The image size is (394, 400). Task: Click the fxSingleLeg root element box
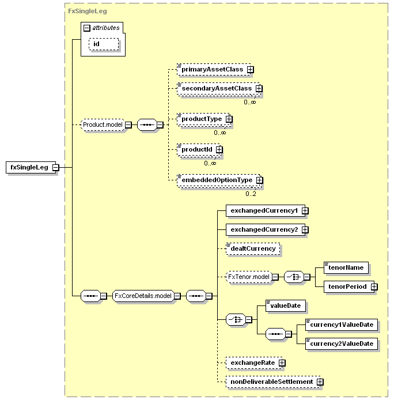coord(31,167)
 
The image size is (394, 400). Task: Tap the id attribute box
coord(104,44)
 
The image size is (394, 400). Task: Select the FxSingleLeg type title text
coord(87,11)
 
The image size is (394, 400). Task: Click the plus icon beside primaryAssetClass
coord(251,69)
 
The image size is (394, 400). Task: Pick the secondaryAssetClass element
coord(218,89)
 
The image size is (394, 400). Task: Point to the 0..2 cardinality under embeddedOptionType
coord(251,194)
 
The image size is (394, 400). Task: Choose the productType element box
coord(203,119)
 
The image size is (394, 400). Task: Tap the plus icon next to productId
coord(219,149)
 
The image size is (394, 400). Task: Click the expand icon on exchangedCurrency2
coord(305,230)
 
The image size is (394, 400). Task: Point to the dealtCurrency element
coord(253,249)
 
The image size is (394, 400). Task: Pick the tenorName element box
coord(346,267)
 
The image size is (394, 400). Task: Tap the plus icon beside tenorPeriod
coord(374,286)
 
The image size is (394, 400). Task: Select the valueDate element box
coord(285,305)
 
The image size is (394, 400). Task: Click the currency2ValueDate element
coord(342,344)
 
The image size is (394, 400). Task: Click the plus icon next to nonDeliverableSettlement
coord(320,382)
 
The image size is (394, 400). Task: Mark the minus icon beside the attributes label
coord(87,28)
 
